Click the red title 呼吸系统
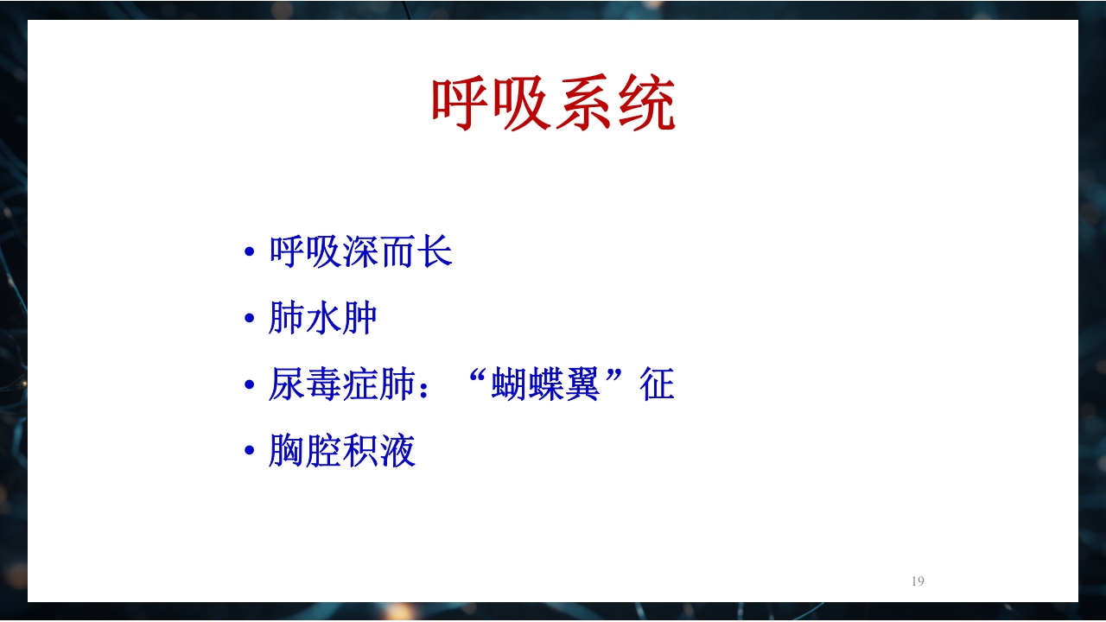[x=553, y=105]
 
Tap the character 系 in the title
[x=584, y=105]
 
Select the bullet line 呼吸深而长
[x=360, y=252]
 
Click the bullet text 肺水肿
[x=323, y=319]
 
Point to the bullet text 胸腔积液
[x=342, y=451]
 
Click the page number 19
[x=918, y=581]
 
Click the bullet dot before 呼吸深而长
[x=250, y=253]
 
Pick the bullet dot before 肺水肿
[x=250, y=320]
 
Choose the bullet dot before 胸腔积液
[x=250, y=452]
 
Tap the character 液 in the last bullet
[x=398, y=451]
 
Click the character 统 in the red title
[x=645, y=105]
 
